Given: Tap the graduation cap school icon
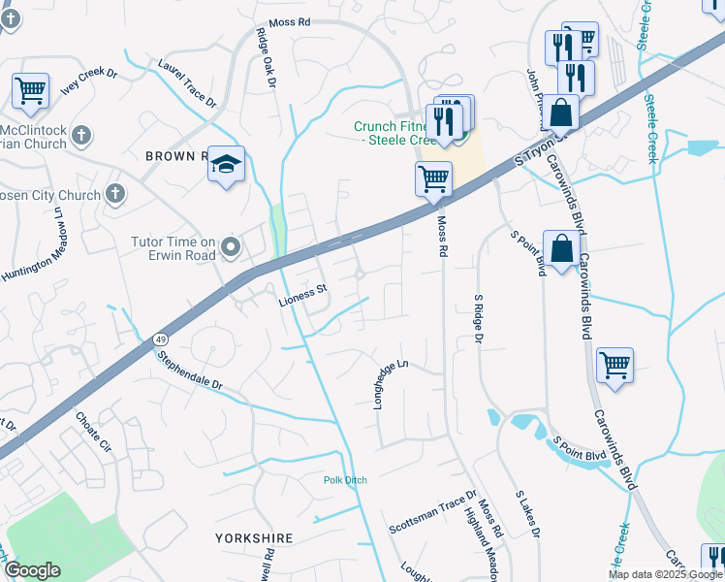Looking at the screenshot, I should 226,165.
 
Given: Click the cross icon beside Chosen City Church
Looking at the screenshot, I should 115,194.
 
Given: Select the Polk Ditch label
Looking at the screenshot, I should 345,480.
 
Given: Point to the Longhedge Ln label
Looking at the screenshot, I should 392,383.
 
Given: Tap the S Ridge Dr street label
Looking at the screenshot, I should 478,319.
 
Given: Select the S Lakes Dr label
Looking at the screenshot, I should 526,514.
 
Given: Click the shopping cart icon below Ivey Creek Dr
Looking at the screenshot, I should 31,92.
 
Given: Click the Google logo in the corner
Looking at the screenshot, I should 32,570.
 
